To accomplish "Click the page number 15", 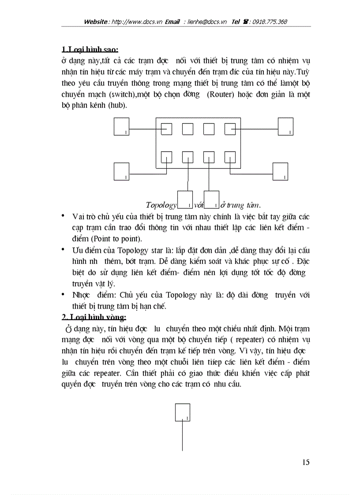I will pos(306,462).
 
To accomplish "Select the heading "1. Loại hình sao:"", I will pos(90,48).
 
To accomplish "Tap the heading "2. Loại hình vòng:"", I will pos(94,317).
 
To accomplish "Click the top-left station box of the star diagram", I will pos(121,127).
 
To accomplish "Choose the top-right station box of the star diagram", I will pos(285,127).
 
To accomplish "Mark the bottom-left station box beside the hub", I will pos(121,171).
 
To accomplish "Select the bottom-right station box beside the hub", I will pos(280,171).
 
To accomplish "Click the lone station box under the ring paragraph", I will pos(183,413).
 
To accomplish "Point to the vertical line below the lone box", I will pos(183,436).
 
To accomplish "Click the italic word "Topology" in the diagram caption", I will pos(161,205).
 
